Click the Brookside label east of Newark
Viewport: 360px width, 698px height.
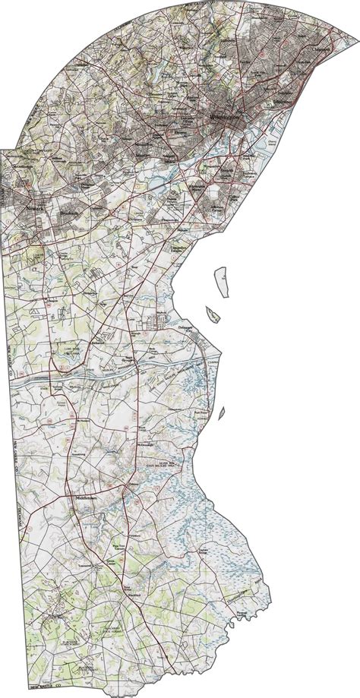point(74,215)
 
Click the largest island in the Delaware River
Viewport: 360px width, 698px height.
point(222,282)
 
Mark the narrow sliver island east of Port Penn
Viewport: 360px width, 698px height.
point(223,412)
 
